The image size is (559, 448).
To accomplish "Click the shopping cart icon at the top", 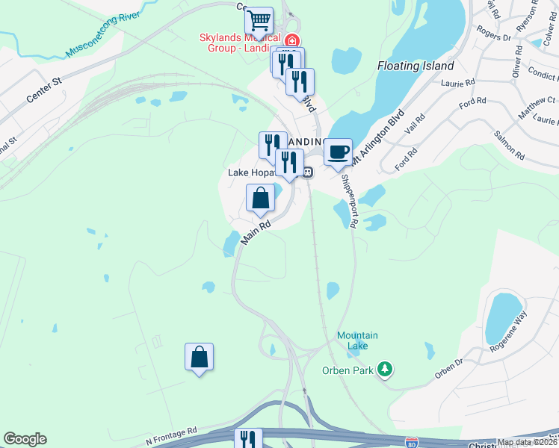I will click(259, 19).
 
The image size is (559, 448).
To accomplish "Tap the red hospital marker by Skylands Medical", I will click(291, 40).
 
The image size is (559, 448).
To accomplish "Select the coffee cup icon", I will click(338, 152).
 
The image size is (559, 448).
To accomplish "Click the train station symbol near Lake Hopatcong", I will click(307, 172).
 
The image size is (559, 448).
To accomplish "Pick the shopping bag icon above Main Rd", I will click(260, 199).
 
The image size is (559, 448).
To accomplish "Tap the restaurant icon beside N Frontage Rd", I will click(248, 439).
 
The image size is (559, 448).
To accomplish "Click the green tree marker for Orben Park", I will click(385, 368).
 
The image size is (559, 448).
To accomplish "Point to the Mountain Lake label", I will click(357, 340).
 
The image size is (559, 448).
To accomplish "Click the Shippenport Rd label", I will click(349, 202).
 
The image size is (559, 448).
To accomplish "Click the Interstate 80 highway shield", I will click(411, 442).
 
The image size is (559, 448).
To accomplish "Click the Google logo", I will click(25, 439).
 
